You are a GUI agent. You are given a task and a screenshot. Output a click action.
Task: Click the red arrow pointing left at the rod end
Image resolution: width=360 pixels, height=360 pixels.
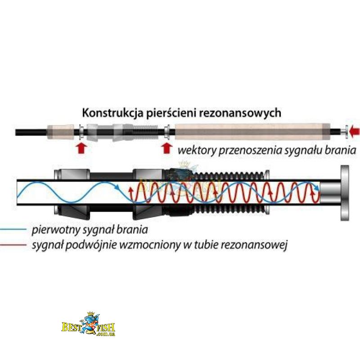[355, 131]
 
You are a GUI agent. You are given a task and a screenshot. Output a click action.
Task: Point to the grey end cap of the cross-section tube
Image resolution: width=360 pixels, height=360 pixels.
[345, 193]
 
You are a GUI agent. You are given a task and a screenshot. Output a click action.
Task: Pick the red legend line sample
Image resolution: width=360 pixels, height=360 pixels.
[13, 246]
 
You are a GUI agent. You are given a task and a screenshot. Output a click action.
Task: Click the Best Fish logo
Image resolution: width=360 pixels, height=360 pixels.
[88, 325]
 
